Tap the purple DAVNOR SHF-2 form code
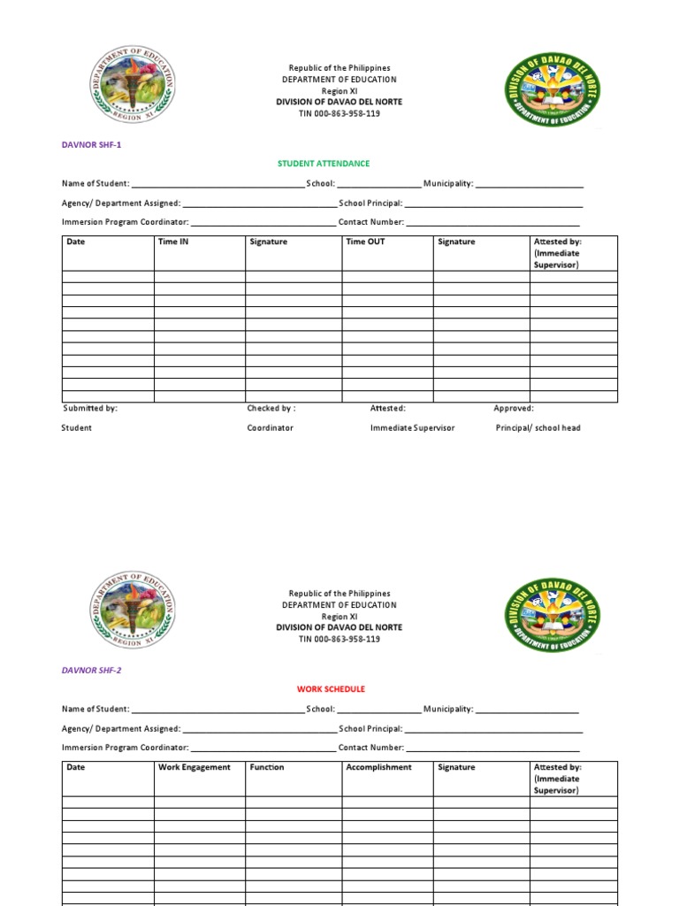coord(91,671)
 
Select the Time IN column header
coord(173,242)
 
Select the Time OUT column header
coord(365,242)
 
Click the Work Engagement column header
coord(194,767)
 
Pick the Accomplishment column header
coord(378,767)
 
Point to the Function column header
coord(267,767)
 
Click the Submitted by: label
coord(90,409)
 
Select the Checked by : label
coord(271,409)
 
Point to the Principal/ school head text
coord(538,428)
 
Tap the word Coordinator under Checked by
coord(270,428)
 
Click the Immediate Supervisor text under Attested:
coord(412,428)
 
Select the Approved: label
coord(513,409)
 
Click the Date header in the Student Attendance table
coord(76,242)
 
